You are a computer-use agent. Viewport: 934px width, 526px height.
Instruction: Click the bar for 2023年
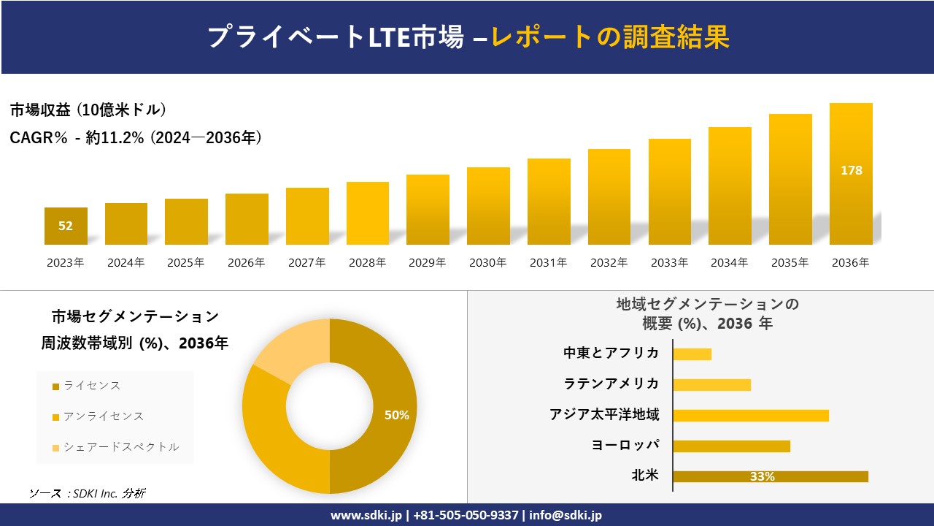[x=66, y=226]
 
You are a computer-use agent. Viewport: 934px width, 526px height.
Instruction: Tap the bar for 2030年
[x=488, y=206]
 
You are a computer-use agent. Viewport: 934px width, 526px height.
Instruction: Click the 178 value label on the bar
[x=851, y=170]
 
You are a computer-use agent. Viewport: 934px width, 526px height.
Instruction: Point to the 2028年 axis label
[x=367, y=263]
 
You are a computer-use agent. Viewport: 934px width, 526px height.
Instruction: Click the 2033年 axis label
[x=669, y=263]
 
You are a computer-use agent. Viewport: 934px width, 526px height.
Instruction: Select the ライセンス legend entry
[x=91, y=386]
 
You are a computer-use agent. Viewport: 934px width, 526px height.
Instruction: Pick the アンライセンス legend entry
[x=103, y=416]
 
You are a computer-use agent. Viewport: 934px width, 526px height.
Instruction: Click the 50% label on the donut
[x=397, y=415]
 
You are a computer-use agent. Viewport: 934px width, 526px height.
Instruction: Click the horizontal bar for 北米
[x=770, y=476]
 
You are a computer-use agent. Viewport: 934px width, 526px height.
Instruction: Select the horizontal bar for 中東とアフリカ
[x=692, y=354]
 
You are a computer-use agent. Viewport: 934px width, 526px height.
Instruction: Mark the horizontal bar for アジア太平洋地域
[x=750, y=416]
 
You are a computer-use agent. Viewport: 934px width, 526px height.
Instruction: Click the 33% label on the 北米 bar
[x=762, y=477]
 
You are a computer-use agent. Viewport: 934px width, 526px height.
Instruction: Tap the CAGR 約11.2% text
[x=136, y=137]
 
